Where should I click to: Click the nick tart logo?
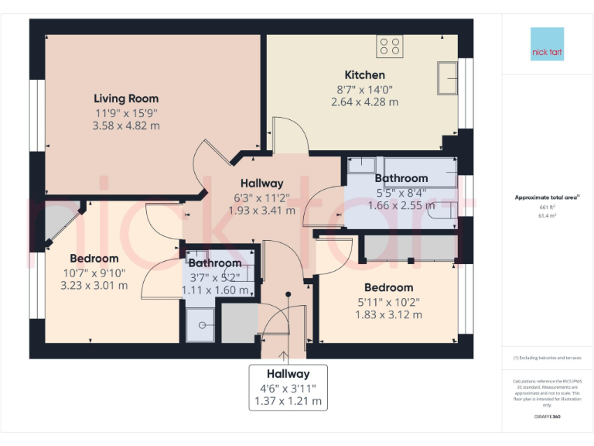click(x=548, y=44)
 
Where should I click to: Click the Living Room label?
click(x=126, y=98)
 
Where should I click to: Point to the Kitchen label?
click(x=364, y=75)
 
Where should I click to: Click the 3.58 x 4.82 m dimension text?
click(x=126, y=125)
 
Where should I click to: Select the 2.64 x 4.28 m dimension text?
click(x=364, y=101)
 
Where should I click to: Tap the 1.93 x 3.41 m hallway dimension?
click(x=261, y=210)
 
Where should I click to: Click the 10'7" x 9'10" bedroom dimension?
click(x=94, y=272)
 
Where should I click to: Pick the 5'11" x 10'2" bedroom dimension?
click(x=388, y=301)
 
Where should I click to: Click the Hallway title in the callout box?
click(x=288, y=374)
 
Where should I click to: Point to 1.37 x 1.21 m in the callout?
click(x=288, y=402)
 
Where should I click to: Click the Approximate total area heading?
click(x=548, y=197)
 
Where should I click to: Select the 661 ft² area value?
click(x=548, y=208)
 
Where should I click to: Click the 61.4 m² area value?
click(x=548, y=216)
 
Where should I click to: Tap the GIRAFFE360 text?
click(x=548, y=417)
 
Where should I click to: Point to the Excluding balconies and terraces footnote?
click(x=548, y=358)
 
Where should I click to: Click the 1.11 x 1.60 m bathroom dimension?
click(x=215, y=290)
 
